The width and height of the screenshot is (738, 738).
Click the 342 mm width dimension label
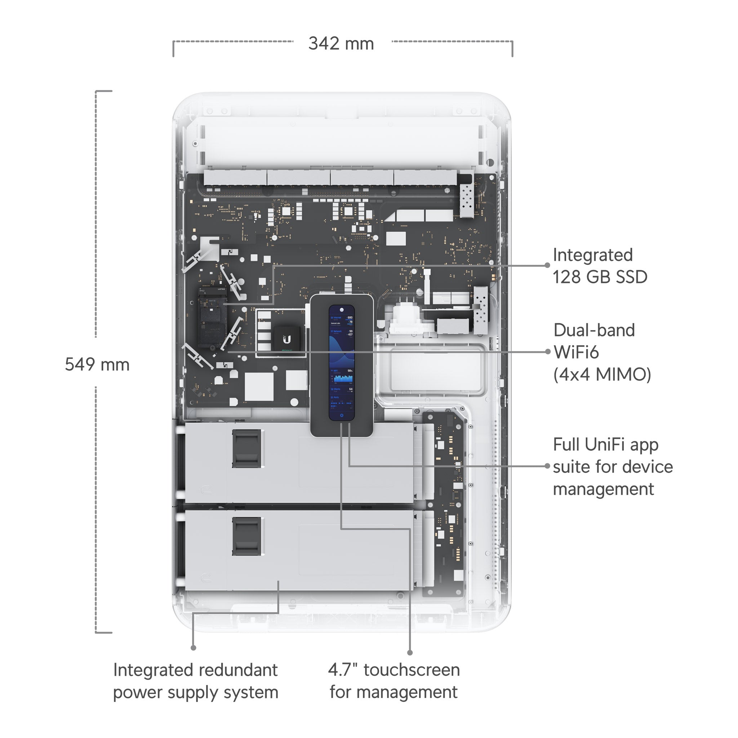coord(341,44)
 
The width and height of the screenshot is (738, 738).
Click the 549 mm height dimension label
coord(97,364)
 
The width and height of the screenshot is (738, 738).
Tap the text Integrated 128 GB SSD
coord(600,266)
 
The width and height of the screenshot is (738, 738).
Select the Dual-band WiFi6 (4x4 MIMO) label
coord(602,352)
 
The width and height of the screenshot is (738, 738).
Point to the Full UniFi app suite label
coord(613,466)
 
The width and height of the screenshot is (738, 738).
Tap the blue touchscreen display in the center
coord(342,363)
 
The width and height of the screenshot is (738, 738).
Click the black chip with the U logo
coord(287,339)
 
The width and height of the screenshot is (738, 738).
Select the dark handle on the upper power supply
coord(247,448)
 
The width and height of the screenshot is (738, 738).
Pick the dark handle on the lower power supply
coord(247,536)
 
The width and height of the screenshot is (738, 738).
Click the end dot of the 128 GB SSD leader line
coord(547,265)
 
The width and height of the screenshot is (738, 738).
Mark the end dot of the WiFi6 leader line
coord(548,352)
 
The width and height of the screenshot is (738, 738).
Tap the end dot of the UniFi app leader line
coord(547,466)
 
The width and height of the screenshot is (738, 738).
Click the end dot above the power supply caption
coord(193,648)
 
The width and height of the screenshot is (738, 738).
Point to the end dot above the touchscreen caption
coord(410,653)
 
